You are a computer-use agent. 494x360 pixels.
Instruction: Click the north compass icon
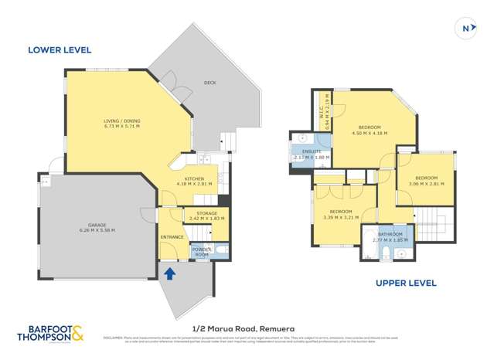pos(466,28)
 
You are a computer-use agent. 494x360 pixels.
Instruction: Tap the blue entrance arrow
pos(169,272)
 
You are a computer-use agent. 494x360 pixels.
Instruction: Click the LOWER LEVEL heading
pos(60,50)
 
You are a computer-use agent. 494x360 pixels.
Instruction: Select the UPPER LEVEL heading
pos(406,283)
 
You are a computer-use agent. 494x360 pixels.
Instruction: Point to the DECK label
pos(210,83)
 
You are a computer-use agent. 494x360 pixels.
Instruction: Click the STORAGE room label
pos(206,213)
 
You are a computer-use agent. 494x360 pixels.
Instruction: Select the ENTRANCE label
pos(172,237)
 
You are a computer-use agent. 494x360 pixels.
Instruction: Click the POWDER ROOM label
pos(202,252)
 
